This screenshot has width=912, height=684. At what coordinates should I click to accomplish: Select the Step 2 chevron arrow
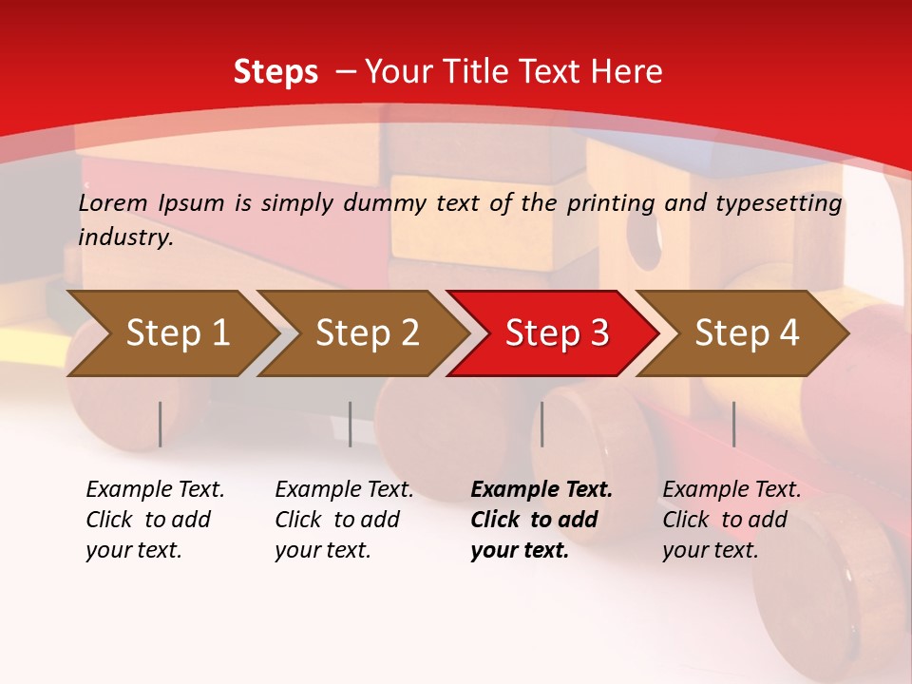(x=367, y=332)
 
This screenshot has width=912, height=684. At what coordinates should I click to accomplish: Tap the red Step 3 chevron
(x=557, y=332)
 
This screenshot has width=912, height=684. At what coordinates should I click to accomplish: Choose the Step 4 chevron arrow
(x=747, y=332)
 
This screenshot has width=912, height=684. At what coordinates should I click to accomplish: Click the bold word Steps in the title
(x=275, y=71)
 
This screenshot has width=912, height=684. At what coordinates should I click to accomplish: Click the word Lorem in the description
(x=111, y=202)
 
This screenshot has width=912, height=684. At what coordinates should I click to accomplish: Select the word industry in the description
(x=124, y=237)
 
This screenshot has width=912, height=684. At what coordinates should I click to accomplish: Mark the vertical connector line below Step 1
(x=161, y=424)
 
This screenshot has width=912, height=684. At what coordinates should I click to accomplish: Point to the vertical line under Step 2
(x=351, y=424)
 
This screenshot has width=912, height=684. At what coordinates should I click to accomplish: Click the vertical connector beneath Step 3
(x=542, y=424)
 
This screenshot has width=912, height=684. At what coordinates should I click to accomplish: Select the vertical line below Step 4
(x=734, y=424)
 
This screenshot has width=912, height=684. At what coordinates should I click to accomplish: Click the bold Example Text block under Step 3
(x=541, y=520)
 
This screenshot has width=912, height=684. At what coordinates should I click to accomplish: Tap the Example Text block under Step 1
(x=155, y=520)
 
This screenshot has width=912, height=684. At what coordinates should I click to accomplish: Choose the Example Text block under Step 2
(x=344, y=520)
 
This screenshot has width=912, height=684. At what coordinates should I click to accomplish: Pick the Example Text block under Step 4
(x=731, y=520)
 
